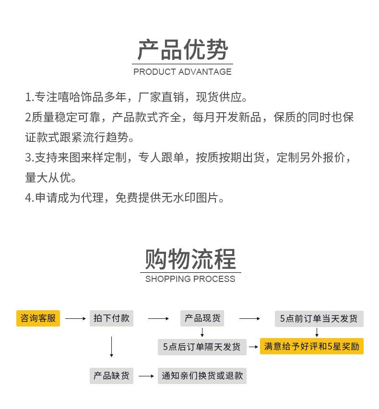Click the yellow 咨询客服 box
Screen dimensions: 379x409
(38, 318)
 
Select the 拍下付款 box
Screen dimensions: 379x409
(111, 318)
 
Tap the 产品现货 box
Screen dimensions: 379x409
(202, 318)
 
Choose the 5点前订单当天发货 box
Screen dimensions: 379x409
(319, 318)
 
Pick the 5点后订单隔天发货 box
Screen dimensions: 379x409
(202, 347)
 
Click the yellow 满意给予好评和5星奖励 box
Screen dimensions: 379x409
(312, 346)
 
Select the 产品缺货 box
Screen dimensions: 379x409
(111, 376)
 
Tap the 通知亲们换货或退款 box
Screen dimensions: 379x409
(202, 376)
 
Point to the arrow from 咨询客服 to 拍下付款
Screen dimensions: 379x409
(75, 318)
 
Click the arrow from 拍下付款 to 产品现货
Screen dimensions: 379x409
(158, 318)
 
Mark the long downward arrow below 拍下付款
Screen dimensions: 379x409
(111, 347)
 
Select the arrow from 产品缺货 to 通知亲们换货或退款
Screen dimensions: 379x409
(146, 376)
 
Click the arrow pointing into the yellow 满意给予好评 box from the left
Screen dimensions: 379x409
(253, 347)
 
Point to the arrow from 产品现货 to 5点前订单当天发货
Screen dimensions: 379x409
(249, 318)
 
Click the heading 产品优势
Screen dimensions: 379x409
(183, 49)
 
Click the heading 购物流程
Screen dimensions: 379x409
(190, 259)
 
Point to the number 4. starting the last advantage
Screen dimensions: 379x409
(29, 198)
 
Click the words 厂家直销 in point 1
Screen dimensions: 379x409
(161, 97)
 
